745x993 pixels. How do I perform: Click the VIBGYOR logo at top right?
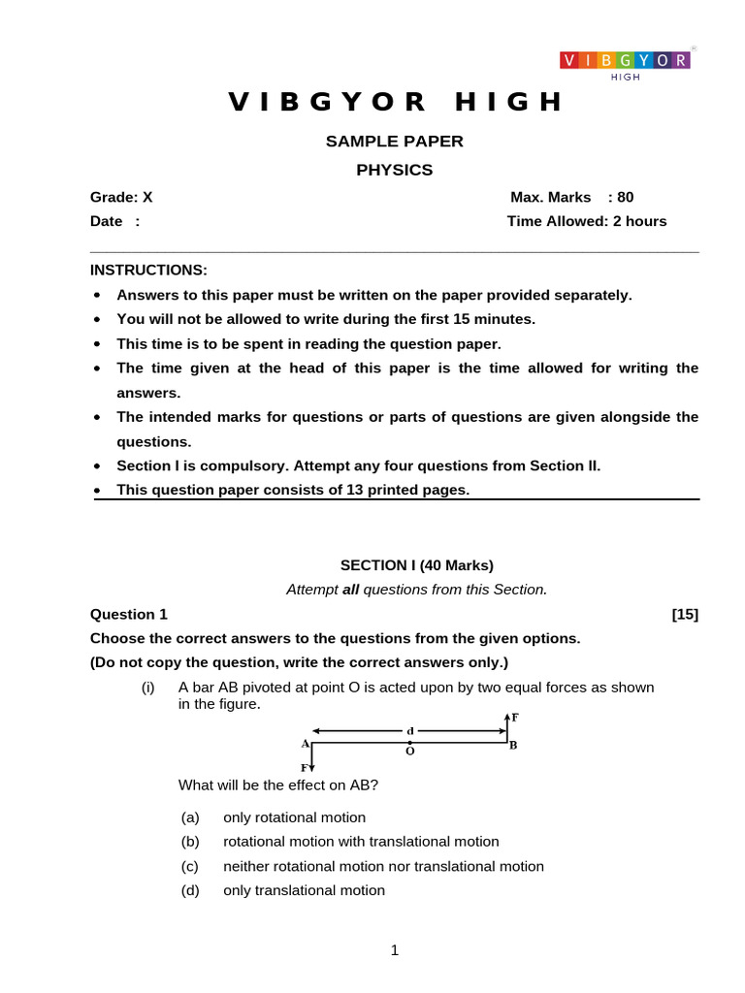[625, 62]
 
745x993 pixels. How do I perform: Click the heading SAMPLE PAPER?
[394, 142]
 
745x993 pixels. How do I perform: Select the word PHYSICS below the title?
[394, 171]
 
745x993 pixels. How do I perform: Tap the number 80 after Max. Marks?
[625, 197]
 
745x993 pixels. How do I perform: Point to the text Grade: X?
[121, 197]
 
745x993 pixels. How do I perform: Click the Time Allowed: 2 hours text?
[587, 221]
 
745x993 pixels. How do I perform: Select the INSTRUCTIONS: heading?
[148, 270]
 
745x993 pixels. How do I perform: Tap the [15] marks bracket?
[684, 614]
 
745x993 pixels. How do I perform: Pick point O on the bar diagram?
[409, 744]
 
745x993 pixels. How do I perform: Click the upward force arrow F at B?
[507, 725]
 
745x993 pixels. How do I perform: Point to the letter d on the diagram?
[410, 730]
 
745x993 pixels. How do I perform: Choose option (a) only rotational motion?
[294, 817]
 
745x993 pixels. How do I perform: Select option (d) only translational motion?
[304, 890]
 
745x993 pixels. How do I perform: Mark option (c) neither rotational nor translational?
[383, 866]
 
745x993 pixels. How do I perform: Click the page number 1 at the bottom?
[395, 950]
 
